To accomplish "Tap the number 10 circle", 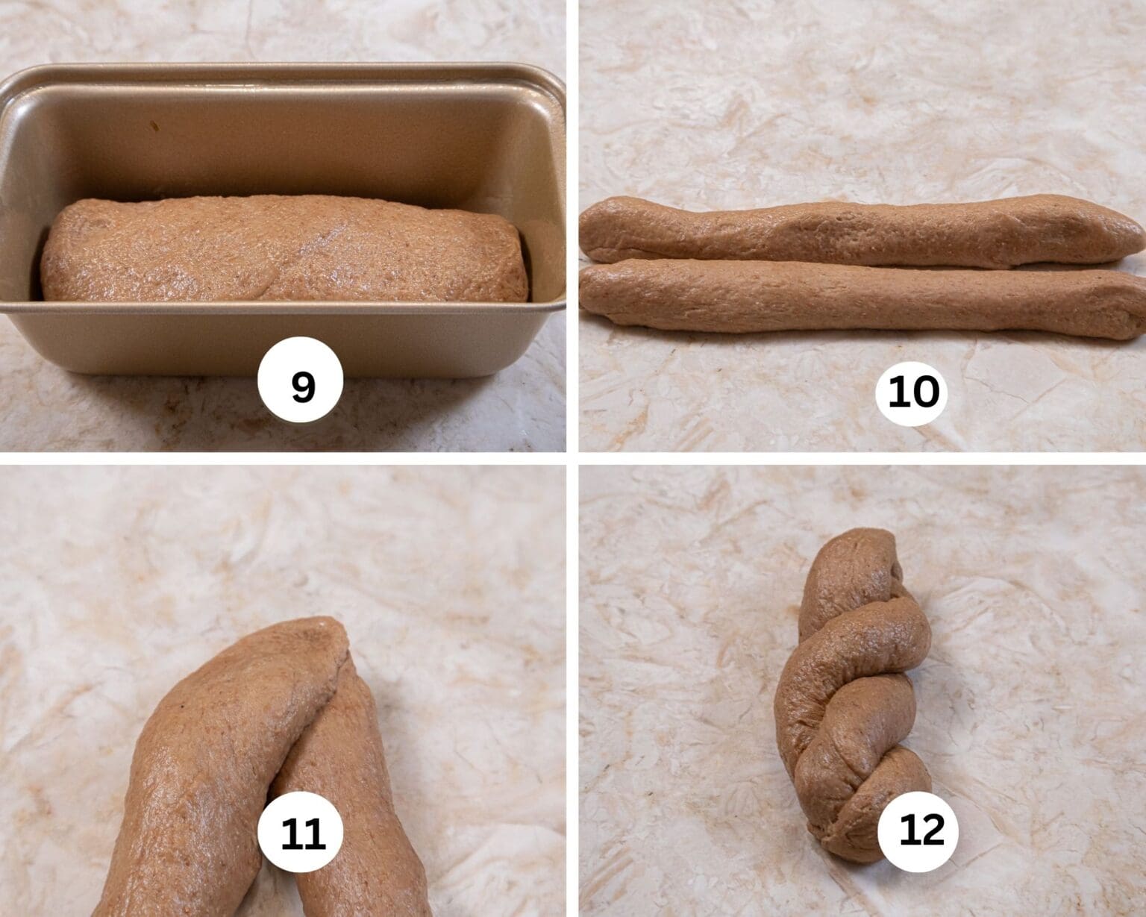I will tap(915, 391).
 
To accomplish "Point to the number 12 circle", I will tap(921, 830).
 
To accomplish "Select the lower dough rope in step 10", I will tap(858, 303).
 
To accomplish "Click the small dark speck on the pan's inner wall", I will tap(156, 127).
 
